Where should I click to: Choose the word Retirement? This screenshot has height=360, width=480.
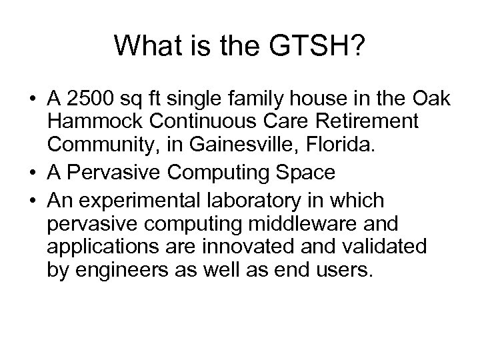tap(362, 123)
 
